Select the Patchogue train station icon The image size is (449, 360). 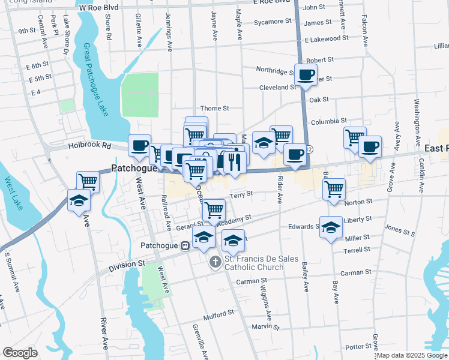coord(186,245)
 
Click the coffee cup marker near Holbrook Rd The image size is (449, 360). coord(139,145)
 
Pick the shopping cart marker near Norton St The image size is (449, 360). coord(334,189)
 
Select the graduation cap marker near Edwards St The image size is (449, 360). coord(330,227)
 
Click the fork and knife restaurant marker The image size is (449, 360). coord(235,161)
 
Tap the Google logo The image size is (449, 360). coord(20,353)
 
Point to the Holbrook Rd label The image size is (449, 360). coord(90,145)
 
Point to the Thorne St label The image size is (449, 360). coord(214,108)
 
